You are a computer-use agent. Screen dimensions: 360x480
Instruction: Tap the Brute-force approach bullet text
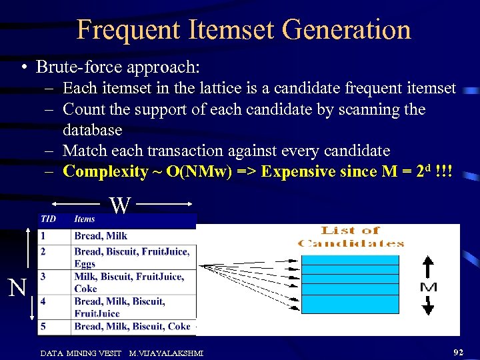[x=117, y=67]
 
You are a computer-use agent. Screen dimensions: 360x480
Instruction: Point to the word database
[x=92, y=129]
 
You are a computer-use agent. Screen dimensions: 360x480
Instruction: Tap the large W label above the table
[x=120, y=205]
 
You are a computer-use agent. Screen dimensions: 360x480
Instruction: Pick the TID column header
[x=49, y=219]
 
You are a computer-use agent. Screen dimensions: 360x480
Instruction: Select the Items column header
[x=85, y=219]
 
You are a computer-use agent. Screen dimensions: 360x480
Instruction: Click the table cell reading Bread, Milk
[x=101, y=235]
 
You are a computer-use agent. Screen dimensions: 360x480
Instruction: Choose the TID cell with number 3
[x=43, y=276]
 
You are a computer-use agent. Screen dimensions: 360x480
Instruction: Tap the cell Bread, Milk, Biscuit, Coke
[x=132, y=327]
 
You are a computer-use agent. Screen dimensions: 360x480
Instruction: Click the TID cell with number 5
[x=43, y=327]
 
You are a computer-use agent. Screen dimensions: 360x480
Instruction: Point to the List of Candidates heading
[x=351, y=237]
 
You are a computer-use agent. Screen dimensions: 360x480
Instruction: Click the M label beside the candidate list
[x=428, y=287]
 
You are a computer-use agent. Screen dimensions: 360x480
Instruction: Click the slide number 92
[x=458, y=351]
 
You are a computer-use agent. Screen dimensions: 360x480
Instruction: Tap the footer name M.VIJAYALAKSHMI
[x=166, y=352]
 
